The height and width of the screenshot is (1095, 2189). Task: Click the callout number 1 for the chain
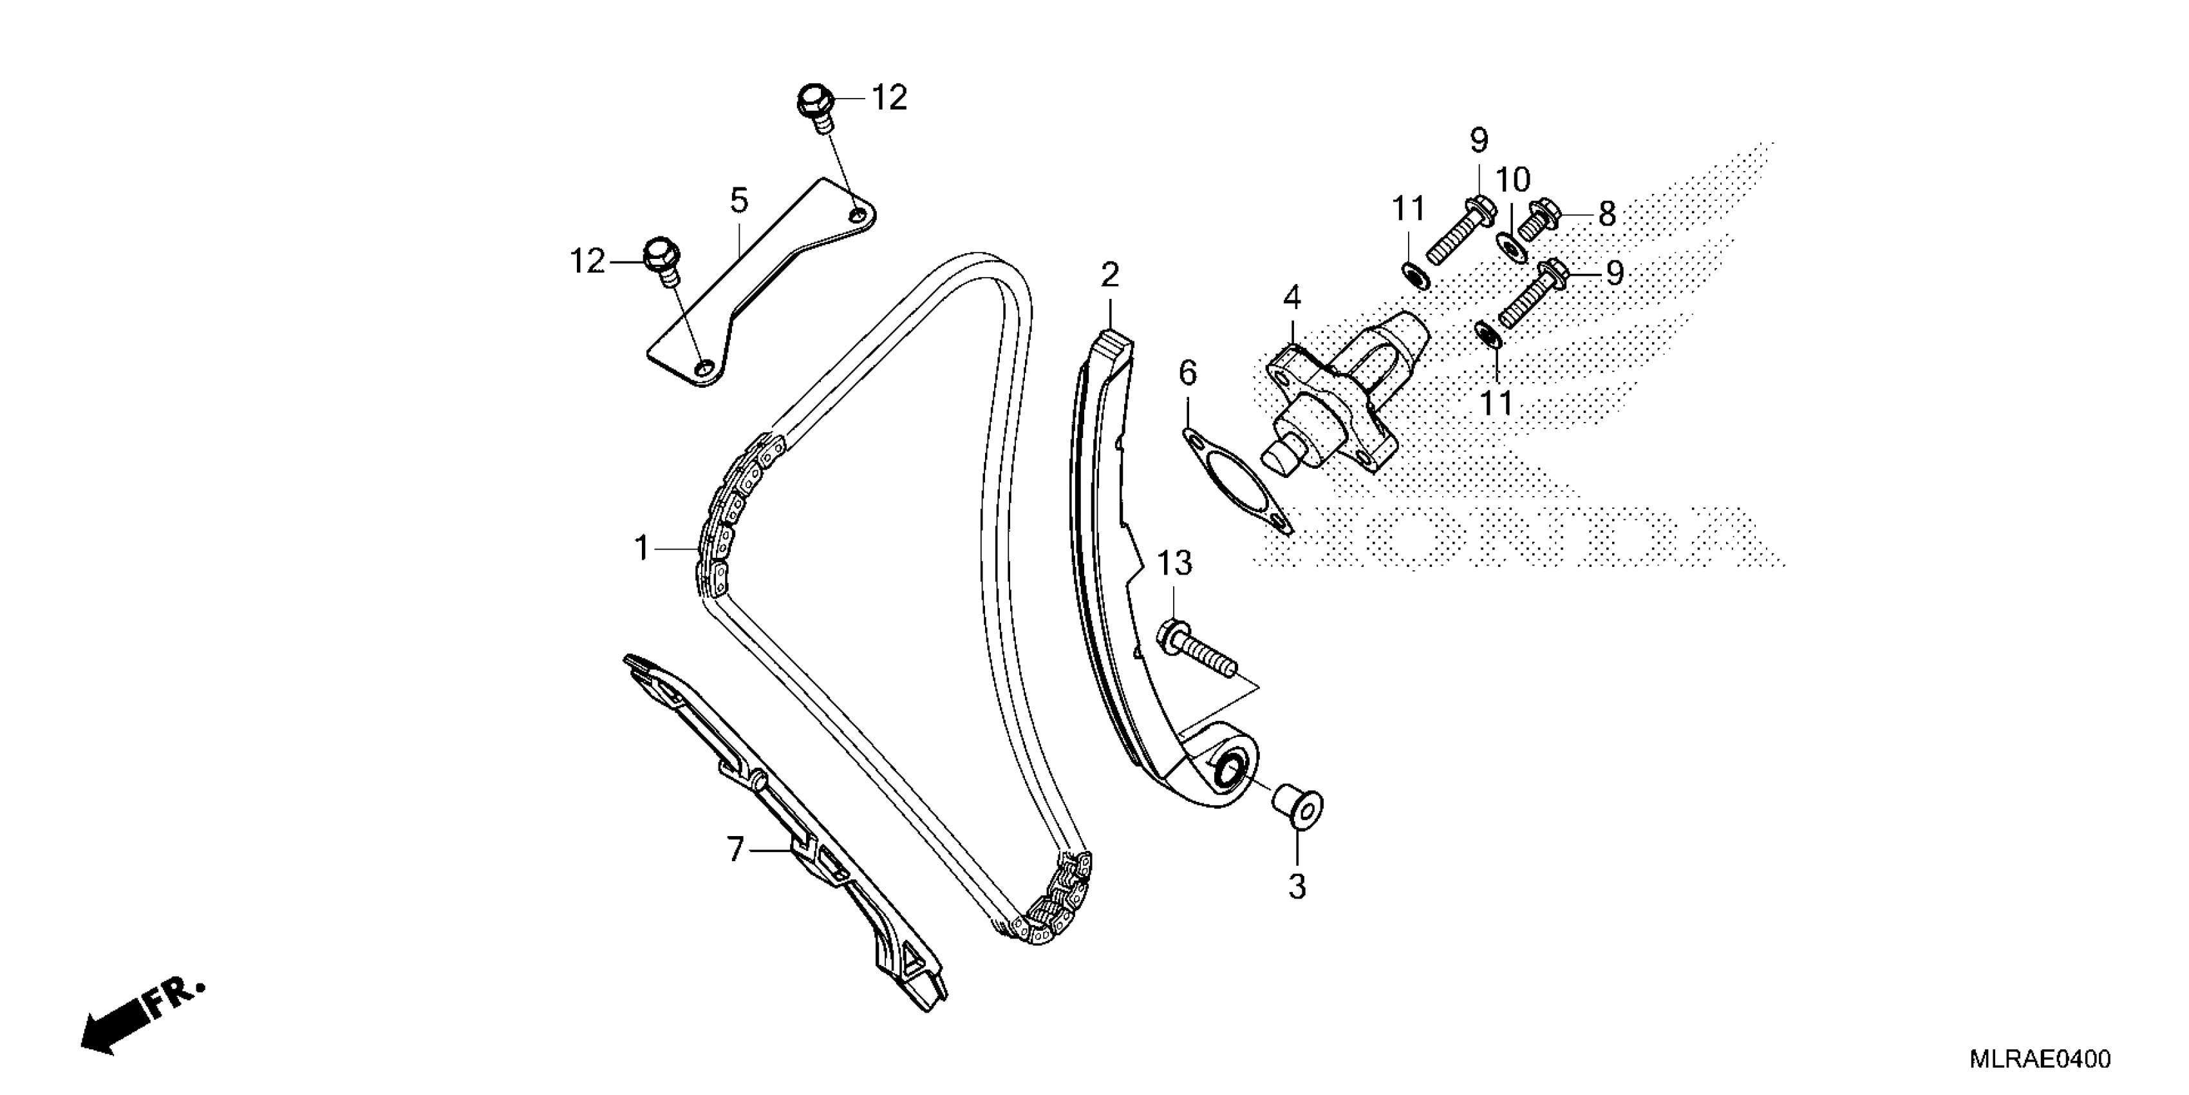coord(642,548)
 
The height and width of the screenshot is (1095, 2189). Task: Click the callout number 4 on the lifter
coord(1292,298)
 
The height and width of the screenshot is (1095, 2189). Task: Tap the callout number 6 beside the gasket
coord(1187,372)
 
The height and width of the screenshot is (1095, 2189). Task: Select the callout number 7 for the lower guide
coord(735,850)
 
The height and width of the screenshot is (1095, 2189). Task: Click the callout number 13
coord(1174,563)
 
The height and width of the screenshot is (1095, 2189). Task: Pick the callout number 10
coord(1512,180)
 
